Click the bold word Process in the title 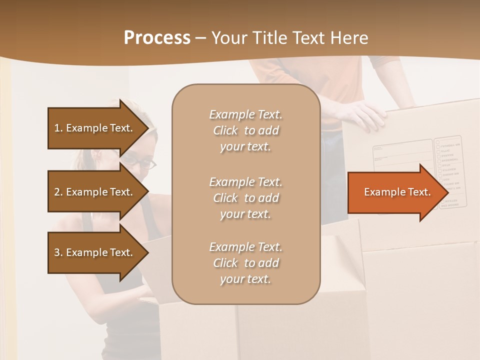(157, 38)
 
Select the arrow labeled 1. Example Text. (95, 128)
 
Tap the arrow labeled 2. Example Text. (95, 192)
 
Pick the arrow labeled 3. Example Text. (95, 252)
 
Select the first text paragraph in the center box (245, 130)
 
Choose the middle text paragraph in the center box (245, 197)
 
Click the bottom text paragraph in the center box (245, 263)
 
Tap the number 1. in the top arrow (58, 128)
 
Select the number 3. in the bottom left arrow (58, 252)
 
